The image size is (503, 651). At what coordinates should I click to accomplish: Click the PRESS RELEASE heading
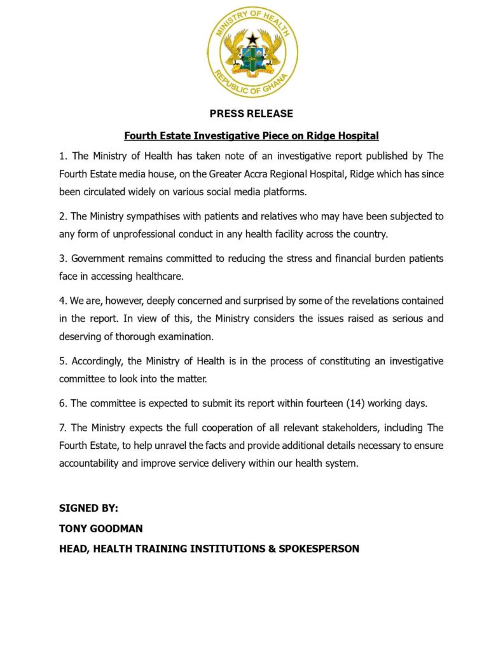[252, 114]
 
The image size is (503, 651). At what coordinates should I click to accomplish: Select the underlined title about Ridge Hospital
[252, 135]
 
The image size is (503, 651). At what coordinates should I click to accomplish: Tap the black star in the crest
[252, 39]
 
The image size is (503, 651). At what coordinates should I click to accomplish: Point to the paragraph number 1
[62, 156]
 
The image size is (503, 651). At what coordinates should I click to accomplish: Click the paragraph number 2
[62, 216]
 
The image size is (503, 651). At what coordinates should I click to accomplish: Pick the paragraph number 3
[62, 259]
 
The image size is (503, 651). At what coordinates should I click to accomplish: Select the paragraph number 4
[62, 301]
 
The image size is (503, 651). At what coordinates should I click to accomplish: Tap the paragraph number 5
[62, 361]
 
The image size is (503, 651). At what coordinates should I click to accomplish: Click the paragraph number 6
[62, 403]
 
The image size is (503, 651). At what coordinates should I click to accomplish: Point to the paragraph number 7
[62, 427]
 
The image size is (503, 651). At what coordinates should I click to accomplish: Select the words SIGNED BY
[88, 509]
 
